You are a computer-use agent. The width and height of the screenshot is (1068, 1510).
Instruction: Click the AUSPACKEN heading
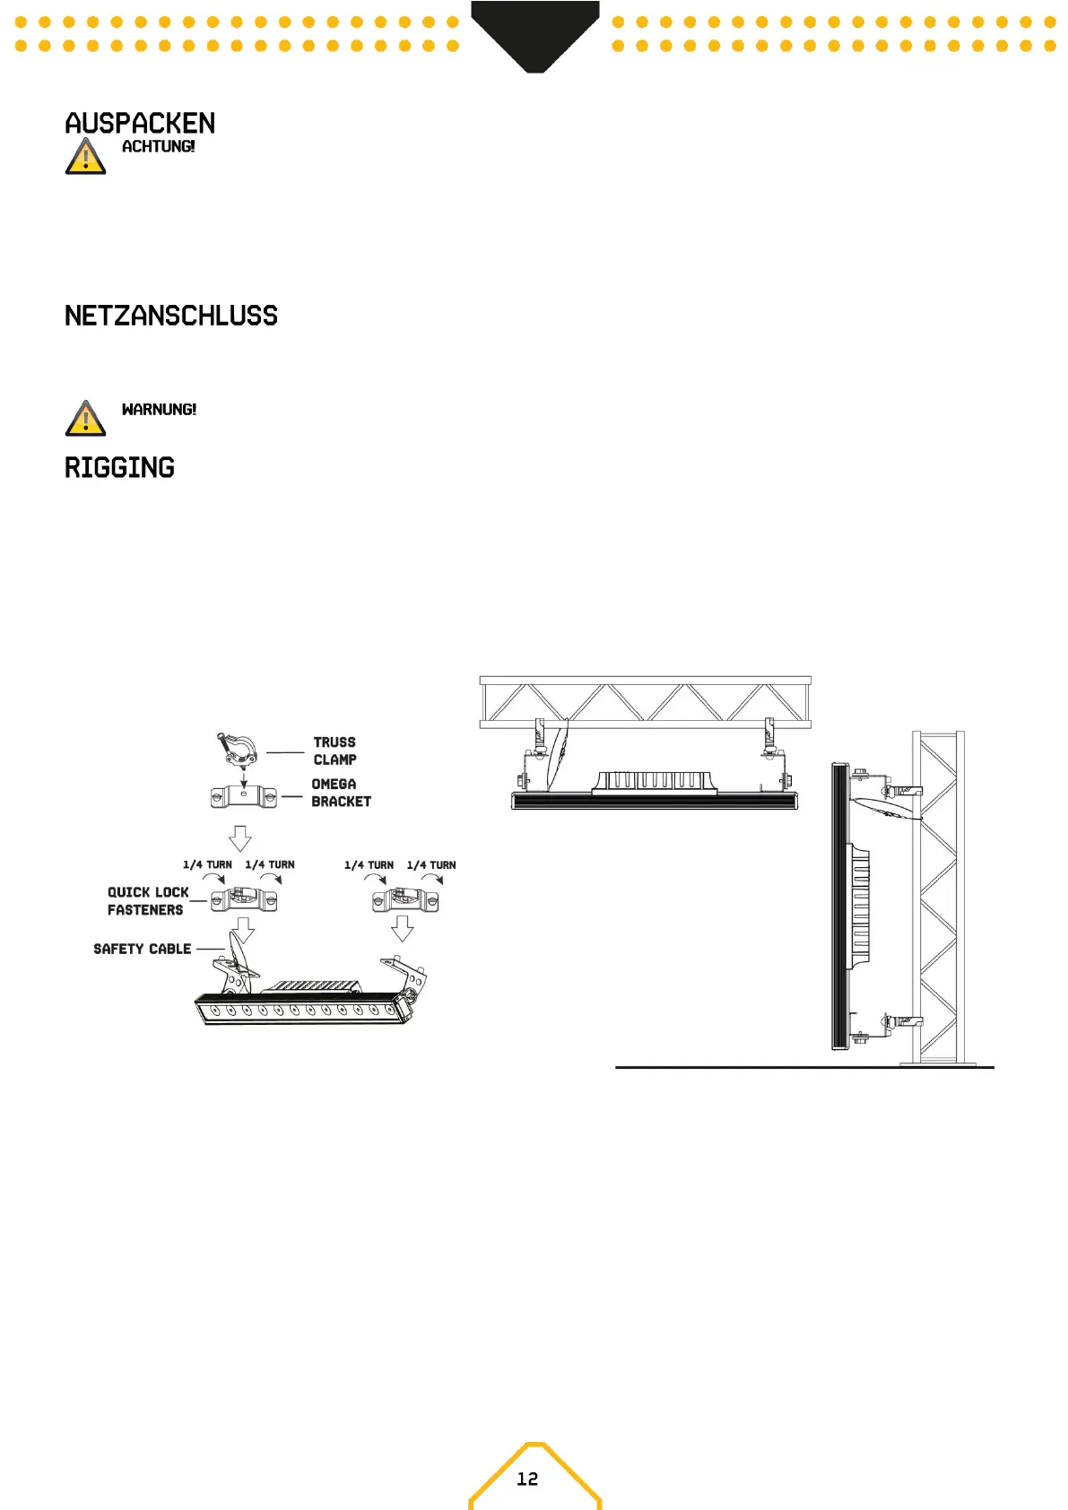point(140,123)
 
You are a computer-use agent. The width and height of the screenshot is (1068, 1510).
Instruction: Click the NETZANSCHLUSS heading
point(171,316)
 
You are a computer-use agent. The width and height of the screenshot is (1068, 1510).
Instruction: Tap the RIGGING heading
point(119,468)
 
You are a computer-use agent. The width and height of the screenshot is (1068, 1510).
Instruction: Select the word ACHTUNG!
point(158,146)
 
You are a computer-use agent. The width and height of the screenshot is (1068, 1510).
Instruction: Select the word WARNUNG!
point(159,410)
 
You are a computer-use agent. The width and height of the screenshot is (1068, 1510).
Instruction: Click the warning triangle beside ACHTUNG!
point(85,157)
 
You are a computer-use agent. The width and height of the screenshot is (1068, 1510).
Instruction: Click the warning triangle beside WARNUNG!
point(85,420)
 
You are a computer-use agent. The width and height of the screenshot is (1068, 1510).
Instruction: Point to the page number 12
point(527,1479)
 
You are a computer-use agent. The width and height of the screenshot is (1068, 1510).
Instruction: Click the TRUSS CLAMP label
point(334,751)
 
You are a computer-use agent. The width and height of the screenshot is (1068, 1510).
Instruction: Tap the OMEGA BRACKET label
point(341,793)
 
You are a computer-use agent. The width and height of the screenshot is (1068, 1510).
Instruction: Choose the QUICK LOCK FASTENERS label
point(147,901)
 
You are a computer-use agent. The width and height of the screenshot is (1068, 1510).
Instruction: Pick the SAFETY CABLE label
point(143,949)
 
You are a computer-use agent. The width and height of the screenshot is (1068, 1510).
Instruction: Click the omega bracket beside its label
point(244,796)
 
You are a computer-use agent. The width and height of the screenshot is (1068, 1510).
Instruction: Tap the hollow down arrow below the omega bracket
point(239,838)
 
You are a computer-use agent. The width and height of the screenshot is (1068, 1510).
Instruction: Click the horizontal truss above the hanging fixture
point(645,702)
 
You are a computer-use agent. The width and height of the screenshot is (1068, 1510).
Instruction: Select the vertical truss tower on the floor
point(938,897)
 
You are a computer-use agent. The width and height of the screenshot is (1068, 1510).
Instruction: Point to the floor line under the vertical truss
point(804,1067)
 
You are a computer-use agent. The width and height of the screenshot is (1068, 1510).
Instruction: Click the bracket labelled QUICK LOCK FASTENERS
point(244,898)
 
